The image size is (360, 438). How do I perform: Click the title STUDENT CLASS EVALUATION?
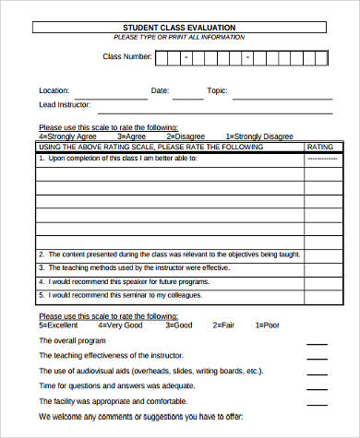[x=179, y=28]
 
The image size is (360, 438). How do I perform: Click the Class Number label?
[x=126, y=57]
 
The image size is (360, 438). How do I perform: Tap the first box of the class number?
[x=162, y=58]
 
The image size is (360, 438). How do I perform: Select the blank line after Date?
[x=187, y=94]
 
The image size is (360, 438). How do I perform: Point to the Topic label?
[x=217, y=90]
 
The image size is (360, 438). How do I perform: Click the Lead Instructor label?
[x=64, y=105]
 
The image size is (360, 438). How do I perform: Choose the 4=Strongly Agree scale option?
[x=63, y=136]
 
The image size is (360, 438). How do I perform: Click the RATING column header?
[x=319, y=147]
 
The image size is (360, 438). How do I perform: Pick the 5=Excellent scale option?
[x=57, y=325]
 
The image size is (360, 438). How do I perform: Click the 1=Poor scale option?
[x=266, y=325]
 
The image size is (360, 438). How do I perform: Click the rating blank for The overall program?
[x=317, y=343]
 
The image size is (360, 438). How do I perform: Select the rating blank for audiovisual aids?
[x=317, y=373]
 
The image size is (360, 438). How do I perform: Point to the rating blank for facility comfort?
[x=317, y=404]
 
